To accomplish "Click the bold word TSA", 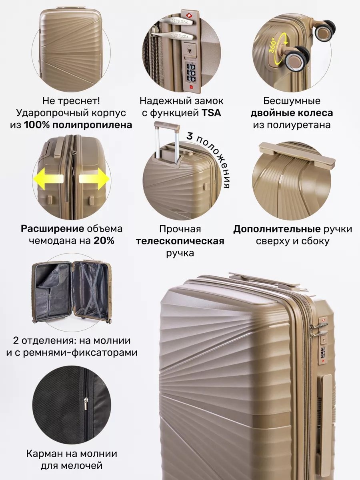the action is pos(211,113).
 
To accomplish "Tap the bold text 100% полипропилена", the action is pos(78,125).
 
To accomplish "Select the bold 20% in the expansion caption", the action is pos(104,241).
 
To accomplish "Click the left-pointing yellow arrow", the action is pos(48,179).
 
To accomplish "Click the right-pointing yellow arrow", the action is pos(94,179).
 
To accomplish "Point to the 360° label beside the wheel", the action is pos(273,46).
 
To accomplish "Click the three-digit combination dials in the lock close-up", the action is pos(191,73).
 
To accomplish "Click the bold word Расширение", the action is pos(52,229).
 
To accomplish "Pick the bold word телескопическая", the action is pos(180,241).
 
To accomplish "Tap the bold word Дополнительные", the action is pos(277,229).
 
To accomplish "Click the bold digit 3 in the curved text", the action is pos(190,136).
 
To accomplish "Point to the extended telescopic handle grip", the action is pos(167,127).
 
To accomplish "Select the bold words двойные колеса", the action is pos(292,113).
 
